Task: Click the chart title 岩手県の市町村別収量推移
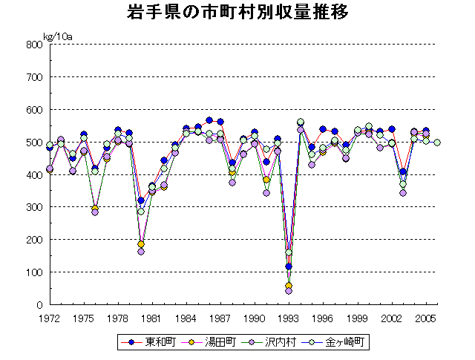point(237,13)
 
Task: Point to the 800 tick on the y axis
point(33,45)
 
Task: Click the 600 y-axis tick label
point(33,110)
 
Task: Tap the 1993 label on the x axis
point(289,318)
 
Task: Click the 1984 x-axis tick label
point(186,318)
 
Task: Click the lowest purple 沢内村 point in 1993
point(289,291)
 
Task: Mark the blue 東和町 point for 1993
point(289,266)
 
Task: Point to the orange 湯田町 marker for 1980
point(141,244)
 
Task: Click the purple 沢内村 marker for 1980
point(141,252)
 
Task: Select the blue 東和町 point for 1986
point(209,120)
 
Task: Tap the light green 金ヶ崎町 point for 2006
point(437,143)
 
